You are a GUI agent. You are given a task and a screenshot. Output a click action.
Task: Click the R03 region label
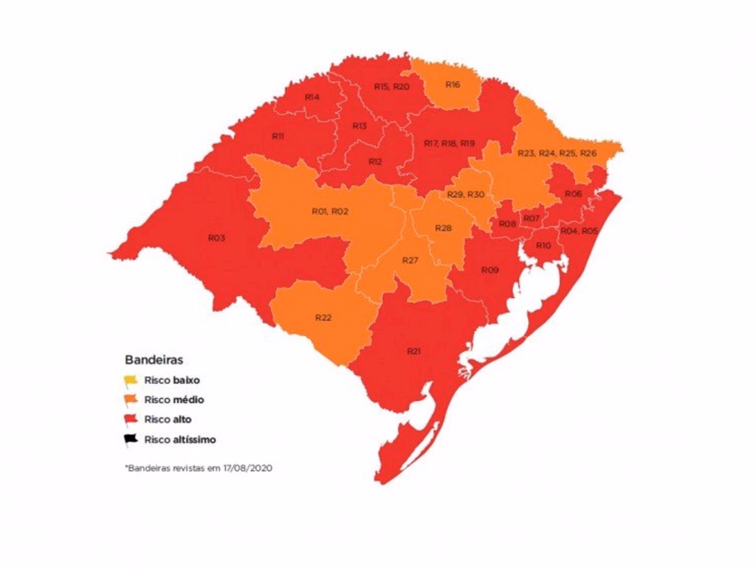pyautogui.click(x=216, y=238)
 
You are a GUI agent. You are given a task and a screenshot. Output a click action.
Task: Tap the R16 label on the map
pyautogui.click(x=453, y=85)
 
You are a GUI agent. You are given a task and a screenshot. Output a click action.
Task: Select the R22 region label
pyautogui.click(x=323, y=317)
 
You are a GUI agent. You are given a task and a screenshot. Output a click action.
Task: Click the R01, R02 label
pyautogui.click(x=330, y=212)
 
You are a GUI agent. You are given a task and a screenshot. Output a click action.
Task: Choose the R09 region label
pyautogui.click(x=489, y=270)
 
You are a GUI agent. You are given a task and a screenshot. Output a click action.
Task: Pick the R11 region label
pyautogui.click(x=278, y=137)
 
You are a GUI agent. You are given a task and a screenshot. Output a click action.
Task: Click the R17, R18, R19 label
pyautogui.click(x=450, y=142)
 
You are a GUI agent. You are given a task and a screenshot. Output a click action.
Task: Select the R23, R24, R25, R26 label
pyautogui.click(x=557, y=153)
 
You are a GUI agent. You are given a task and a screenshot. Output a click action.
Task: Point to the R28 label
pyautogui.click(x=443, y=228)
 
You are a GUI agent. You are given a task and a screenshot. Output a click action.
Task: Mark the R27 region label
pyautogui.click(x=410, y=261)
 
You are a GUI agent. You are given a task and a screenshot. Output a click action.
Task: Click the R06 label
pyautogui.click(x=573, y=193)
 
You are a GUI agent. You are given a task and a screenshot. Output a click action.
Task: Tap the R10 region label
pyautogui.click(x=543, y=245)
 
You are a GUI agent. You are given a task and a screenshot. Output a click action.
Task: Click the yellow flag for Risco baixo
pyautogui.click(x=131, y=381)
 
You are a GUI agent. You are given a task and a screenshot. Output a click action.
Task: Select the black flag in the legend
pyautogui.click(x=131, y=439)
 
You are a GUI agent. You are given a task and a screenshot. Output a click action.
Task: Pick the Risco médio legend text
pyautogui.click(x=174, y=400)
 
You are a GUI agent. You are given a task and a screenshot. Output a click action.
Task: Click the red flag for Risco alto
pyautogui.click(x=131, y=420)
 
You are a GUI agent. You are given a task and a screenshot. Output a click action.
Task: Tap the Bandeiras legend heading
pyautogui.click(x=154, y=360)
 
